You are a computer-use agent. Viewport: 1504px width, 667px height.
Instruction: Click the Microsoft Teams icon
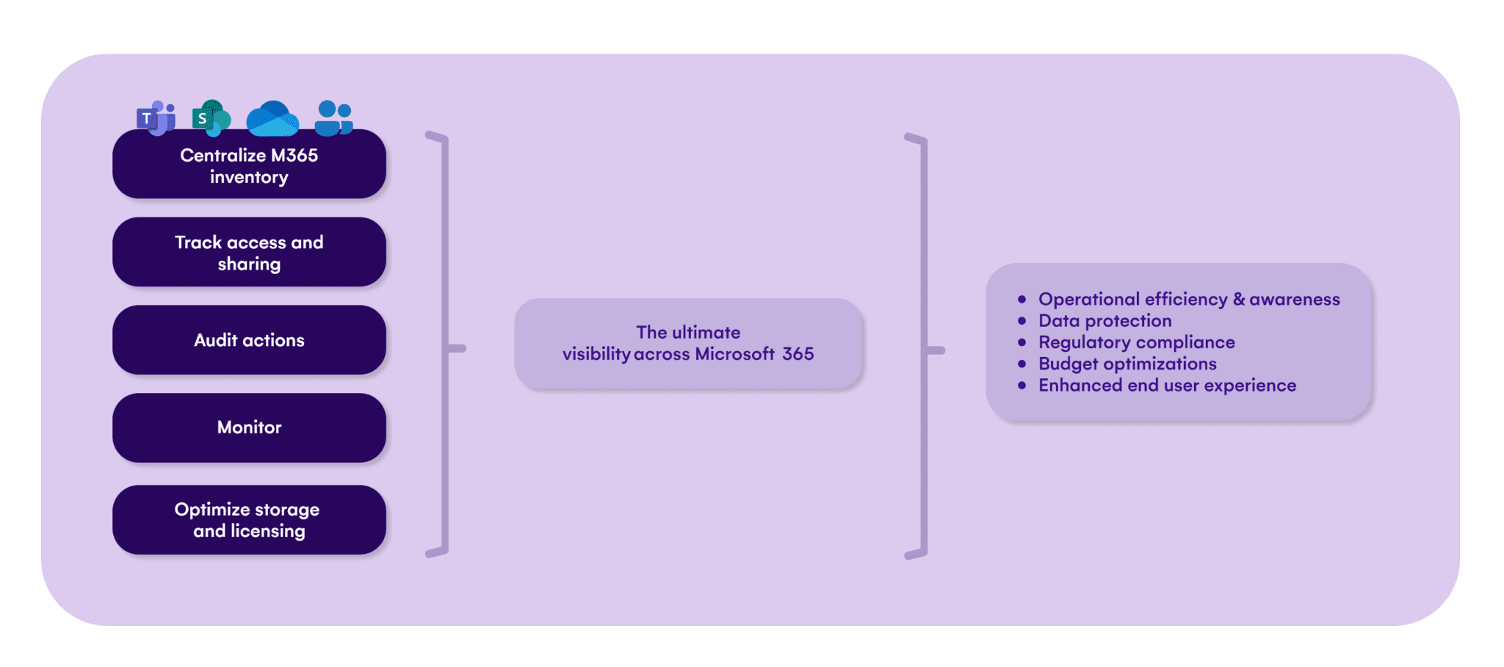click(156, 118)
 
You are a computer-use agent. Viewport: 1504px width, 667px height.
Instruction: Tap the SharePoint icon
click(211, 118)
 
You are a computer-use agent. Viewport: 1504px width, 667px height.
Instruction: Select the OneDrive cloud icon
click(272, 119)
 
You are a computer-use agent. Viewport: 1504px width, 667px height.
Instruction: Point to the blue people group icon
click(334, 118)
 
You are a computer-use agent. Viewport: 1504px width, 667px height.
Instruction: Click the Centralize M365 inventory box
click(249, 165)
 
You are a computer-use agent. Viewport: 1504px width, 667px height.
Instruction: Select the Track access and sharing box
click(249, 252)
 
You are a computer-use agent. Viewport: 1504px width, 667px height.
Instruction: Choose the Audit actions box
click(249, 340)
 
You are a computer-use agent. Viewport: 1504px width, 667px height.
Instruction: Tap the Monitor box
click(249, 428)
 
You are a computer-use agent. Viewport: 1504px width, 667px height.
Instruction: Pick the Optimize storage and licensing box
click(249, 519)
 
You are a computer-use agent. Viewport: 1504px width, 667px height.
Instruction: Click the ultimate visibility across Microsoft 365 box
click(688, 343)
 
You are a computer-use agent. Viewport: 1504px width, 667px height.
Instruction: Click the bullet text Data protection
click(1104, 321)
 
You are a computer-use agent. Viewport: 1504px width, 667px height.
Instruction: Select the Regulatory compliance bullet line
click(1136, 342)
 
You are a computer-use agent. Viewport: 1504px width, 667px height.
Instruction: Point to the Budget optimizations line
click(1127, 364)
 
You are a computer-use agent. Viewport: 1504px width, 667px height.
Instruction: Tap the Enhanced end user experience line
click(1167, 386)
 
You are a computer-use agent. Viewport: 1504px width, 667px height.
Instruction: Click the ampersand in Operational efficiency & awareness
click(1239, 300)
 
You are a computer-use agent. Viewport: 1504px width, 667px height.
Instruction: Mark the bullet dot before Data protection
click(1022, 321)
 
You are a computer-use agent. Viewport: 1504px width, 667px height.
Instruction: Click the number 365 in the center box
click(798, 354)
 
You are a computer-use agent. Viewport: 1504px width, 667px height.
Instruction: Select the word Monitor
click(249, 428)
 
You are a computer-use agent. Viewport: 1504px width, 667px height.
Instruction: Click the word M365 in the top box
click(294, 156)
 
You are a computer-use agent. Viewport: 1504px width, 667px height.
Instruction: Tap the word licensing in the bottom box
click(267, 531)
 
